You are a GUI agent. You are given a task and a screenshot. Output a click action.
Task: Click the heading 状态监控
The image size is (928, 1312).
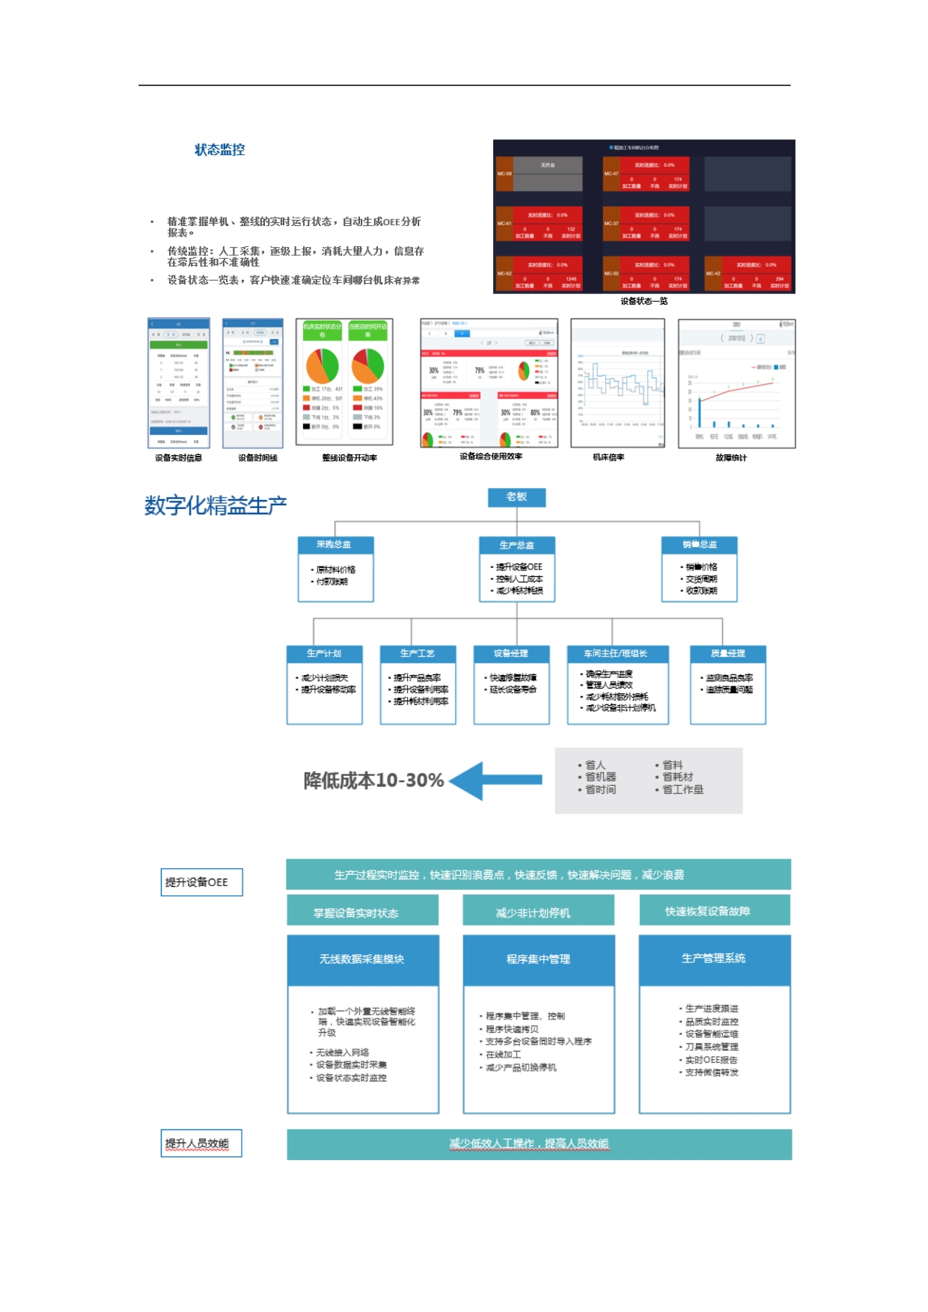pos(219,150)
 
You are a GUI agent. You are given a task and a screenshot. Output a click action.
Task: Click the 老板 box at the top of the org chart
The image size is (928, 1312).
pos(516,498)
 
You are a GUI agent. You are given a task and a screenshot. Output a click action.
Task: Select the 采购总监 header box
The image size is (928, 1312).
pos(335,545)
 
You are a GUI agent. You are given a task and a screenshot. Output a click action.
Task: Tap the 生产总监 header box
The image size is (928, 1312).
pos(517,545)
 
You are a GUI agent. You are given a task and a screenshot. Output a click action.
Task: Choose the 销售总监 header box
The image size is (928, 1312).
pos(699,545)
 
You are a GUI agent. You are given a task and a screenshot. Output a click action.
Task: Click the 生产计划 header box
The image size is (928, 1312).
pos(324,653)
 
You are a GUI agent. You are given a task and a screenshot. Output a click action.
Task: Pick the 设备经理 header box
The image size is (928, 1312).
pos(511,653)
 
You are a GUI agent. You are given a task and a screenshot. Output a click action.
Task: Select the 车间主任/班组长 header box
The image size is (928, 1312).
pos(617,653)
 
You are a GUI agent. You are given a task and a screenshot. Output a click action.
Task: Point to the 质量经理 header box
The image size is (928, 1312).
pos(727,653)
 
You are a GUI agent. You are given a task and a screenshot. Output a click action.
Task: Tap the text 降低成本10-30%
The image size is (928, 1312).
pos(373,781)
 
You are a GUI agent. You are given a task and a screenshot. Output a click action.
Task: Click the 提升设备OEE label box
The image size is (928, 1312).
pos(201,882)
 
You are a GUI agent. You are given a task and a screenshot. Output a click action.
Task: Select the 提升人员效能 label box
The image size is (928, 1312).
pos(201,1144)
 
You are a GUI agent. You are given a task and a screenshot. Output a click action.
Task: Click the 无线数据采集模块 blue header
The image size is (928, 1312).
pos(363,959)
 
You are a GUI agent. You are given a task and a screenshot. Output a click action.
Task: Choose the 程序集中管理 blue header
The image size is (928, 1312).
pos(539,959)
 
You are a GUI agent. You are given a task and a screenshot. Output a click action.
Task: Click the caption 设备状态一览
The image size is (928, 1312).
pos(644,302)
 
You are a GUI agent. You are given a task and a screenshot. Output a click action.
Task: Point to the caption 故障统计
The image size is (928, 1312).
pos(730,457)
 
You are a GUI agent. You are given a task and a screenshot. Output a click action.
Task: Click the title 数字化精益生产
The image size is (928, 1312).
pos(216,506)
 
